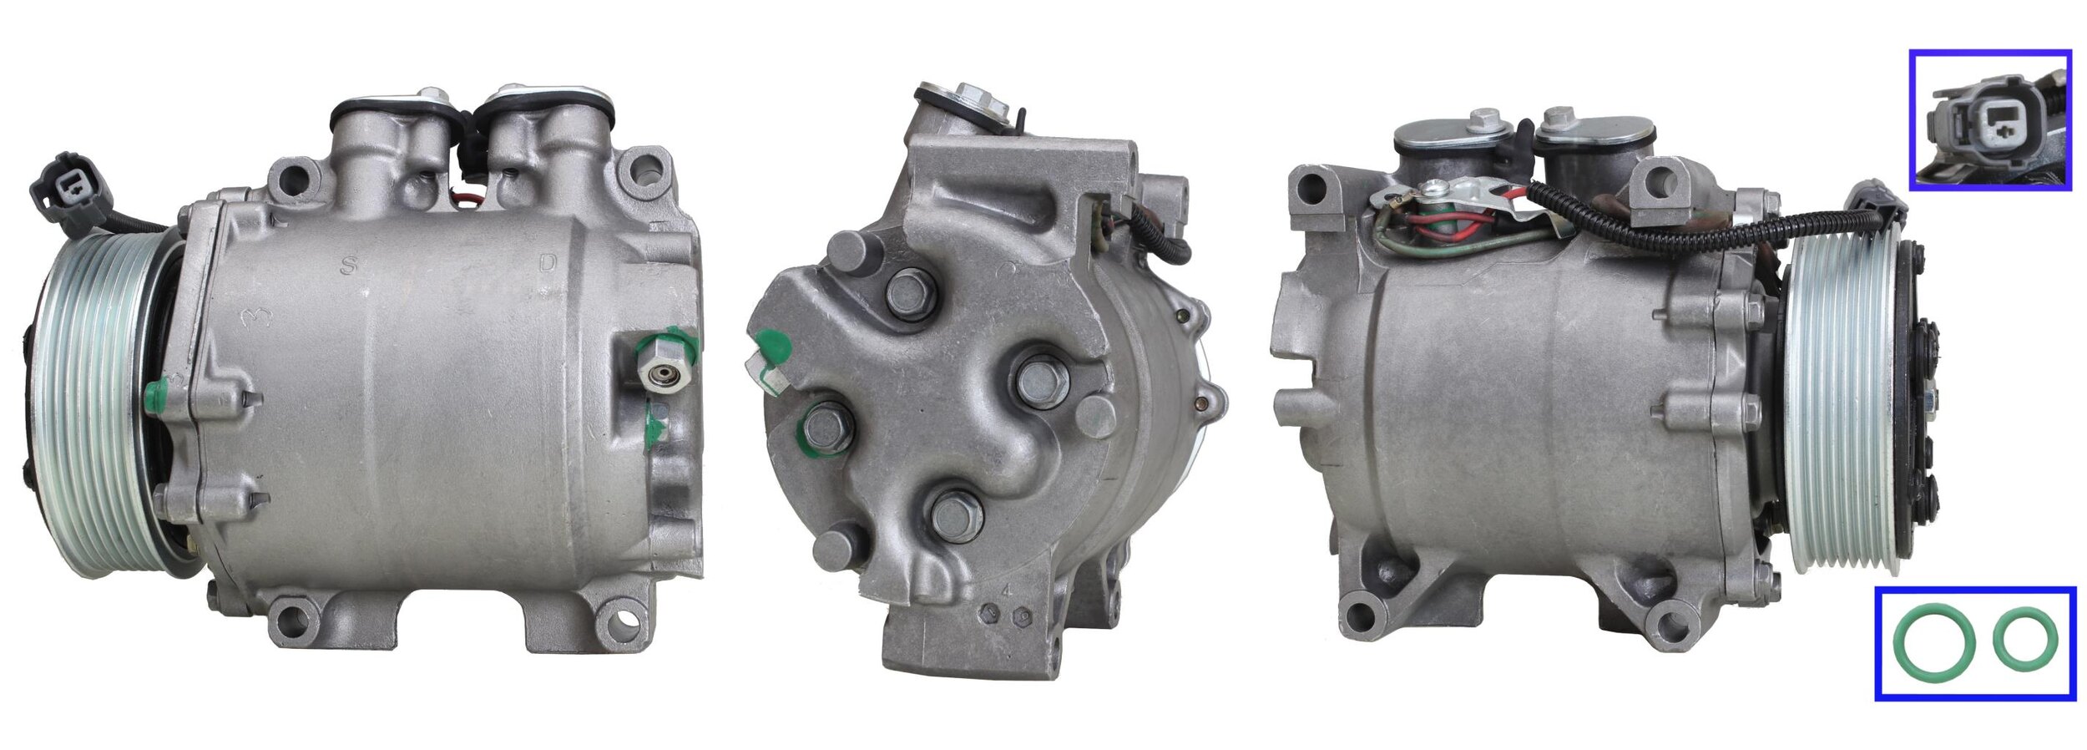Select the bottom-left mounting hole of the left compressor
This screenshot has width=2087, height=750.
tap(291, 618)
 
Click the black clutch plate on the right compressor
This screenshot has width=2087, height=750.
tap(1920, 401)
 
